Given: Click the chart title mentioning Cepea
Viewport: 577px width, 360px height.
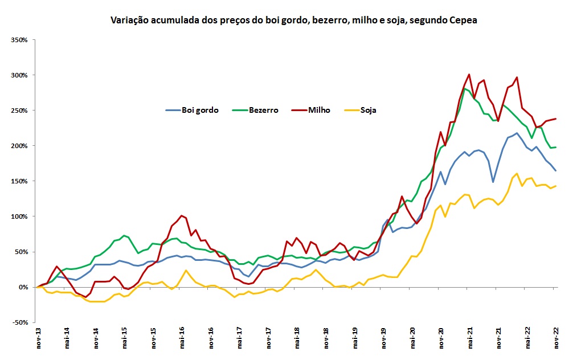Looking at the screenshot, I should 293,21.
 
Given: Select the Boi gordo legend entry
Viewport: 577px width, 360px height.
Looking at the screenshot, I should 199,110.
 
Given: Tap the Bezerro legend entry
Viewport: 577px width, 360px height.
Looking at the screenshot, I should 264,110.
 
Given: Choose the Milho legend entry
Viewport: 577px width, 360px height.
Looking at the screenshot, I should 320,110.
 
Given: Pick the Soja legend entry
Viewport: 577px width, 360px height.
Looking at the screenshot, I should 367,110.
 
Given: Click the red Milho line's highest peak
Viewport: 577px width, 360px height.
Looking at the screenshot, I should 469,74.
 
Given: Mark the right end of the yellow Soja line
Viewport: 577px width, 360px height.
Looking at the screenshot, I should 556,186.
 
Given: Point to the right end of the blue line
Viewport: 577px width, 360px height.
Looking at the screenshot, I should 556,170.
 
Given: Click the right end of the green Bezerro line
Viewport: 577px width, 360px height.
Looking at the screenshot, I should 556,148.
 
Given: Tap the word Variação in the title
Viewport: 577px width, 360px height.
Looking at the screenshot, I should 129,21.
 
